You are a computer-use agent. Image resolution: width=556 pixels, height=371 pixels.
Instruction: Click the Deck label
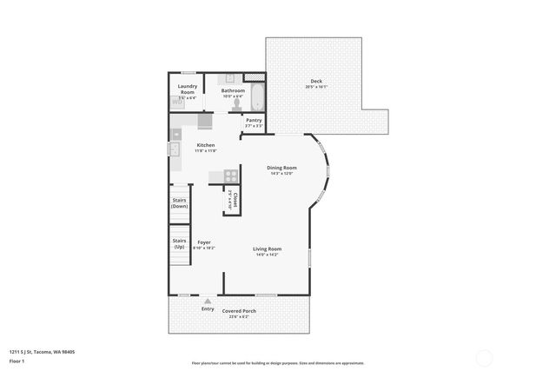316,82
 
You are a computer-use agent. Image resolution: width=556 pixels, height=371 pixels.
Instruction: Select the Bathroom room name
233,90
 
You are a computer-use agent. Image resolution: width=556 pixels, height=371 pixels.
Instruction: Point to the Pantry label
254,121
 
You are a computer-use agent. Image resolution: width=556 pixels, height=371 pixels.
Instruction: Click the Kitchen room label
206,145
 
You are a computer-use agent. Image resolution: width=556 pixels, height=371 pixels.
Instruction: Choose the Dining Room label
281,168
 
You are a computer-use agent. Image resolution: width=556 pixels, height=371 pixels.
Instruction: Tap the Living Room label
267,248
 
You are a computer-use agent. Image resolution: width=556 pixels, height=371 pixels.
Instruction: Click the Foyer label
204,242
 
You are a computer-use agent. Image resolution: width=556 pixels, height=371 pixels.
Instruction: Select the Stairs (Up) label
180,242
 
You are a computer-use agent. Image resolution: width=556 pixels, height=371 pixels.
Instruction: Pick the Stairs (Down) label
180,202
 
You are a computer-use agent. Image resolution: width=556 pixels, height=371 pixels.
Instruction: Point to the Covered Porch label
239,310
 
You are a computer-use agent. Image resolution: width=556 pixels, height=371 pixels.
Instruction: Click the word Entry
208,308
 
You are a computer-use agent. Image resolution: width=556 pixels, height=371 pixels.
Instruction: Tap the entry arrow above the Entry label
208,301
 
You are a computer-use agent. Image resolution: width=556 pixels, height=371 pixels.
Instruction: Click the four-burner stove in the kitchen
232,176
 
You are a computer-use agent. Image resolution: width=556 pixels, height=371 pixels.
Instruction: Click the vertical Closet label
234,200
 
